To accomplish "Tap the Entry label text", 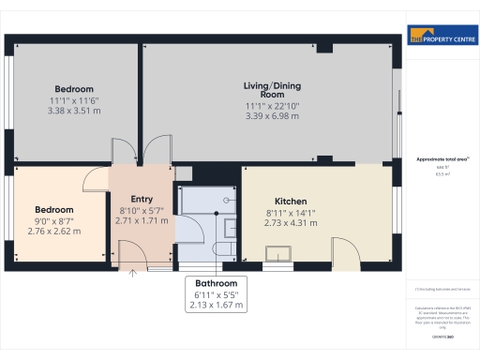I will pyautogui.click(x=142, y=198).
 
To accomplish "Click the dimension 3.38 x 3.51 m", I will pyautogui.click(x=73, y=111).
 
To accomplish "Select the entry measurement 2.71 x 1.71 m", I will pyautogui.click(x=142, y=220).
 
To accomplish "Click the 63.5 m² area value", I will pyautogui.click(x=440, y=174).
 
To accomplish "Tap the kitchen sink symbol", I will pyautogui.click(x=279, y=252).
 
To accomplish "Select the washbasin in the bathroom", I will pyautogui.click(x=229, y=227).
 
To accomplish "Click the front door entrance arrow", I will pyautogui.click(x=132, y=273).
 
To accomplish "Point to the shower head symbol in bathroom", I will pyautogui.click(x=228, y=197).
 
